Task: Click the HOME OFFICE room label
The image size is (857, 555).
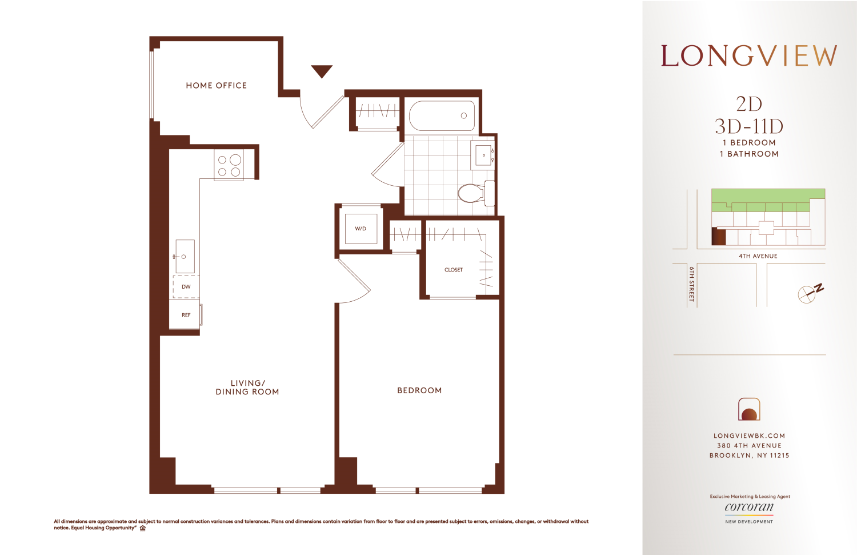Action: coord(216,86)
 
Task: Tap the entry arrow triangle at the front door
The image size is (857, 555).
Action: coord(322,71)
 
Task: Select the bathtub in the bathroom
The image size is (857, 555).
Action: coord(442,115)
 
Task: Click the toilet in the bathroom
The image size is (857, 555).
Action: coord(472,193)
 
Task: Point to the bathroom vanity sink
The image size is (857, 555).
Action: coord(483,155)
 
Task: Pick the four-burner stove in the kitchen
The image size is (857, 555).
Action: coord(229,165)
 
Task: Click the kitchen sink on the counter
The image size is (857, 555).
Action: coord(185,256)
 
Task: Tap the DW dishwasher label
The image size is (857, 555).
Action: coord(186,287)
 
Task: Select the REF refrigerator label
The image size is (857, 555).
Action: coord(186,315)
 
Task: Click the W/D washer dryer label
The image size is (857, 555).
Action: coord(361,229)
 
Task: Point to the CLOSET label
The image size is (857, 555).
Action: coord(454,270)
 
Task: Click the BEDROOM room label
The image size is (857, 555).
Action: coord(419,391)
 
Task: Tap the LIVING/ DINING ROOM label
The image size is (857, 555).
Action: coord(247,388)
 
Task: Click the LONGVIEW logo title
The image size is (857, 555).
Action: coord(749,56)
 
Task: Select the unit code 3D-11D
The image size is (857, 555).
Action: coord(749,126)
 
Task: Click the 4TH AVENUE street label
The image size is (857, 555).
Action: coord(758,256)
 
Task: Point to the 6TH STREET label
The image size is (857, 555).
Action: coord(691,284)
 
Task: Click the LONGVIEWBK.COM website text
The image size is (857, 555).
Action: coord(749,436)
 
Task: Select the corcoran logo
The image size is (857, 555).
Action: coord(749,508)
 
